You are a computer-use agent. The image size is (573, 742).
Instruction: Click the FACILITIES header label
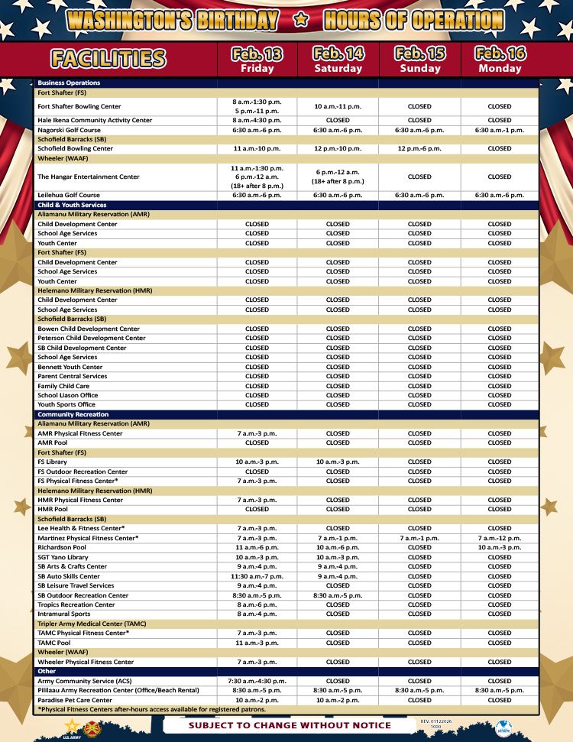(108, 59)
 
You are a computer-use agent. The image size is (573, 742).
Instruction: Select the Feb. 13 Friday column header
(257, 60)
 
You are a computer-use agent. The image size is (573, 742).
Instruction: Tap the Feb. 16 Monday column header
(500, 60)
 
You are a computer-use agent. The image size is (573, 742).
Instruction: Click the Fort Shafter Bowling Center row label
(79, 106)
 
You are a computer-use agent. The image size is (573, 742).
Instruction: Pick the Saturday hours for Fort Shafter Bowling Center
(338, 106)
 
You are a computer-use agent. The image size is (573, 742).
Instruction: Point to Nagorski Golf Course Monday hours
(500, 130)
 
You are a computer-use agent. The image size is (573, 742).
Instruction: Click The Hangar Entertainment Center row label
(89, 177)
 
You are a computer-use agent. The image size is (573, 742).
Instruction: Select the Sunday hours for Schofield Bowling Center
(419, 148)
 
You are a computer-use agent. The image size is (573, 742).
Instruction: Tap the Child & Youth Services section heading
(72, 205)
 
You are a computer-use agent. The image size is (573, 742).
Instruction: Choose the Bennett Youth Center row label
(70, 367)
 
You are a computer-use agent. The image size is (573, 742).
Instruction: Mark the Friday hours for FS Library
(257, 462)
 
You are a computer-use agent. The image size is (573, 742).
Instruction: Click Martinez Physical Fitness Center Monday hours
(500, 538)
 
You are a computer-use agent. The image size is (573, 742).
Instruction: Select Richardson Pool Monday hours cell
(500, 547)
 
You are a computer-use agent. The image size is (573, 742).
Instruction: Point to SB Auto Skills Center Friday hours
(257, 576)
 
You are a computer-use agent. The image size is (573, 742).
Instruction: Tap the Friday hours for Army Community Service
(257, 681)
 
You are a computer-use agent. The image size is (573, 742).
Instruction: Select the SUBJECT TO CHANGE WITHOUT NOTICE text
(290, 725)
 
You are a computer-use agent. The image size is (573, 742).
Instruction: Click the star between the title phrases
(301, 21)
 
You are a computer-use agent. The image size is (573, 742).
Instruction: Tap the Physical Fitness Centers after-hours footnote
(151, 709)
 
